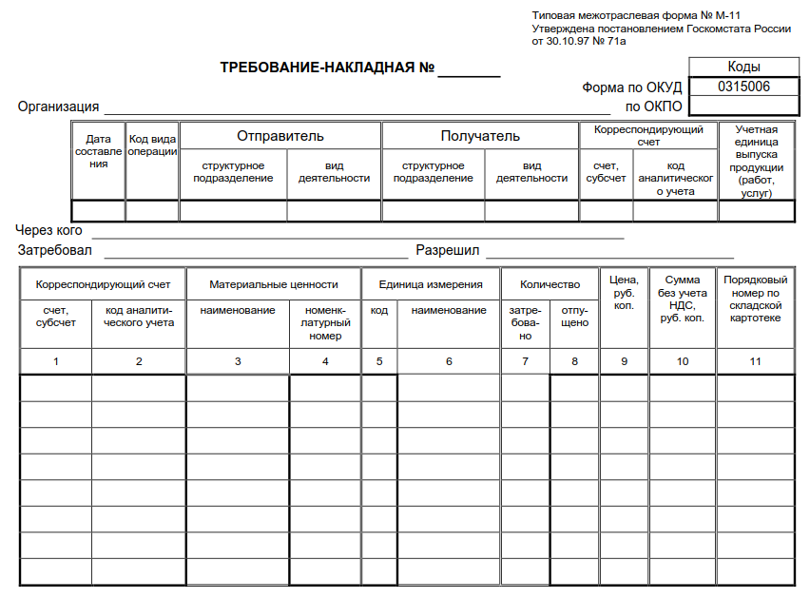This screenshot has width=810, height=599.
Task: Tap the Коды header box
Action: coord(743,67)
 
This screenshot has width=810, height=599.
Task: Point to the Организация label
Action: coord(59,106)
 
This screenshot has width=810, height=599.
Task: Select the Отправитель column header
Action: coord(280,136)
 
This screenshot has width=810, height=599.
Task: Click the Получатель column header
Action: coord(480,136)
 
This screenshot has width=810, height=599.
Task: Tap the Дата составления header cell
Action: coord(98,151)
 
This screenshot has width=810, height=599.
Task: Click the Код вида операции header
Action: coord(152,145)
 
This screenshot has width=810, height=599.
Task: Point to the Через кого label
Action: coord(49,230)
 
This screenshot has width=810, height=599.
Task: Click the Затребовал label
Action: coord(55,251)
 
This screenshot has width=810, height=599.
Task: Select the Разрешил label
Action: coord(447,251)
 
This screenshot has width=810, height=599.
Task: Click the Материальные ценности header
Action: coord(274,284)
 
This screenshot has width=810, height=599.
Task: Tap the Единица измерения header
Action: coord(431,284)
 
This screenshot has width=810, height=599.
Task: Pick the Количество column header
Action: coord(550,284)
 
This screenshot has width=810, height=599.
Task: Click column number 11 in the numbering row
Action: coord(756,361)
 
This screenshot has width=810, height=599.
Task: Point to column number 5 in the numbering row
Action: coord(379,361)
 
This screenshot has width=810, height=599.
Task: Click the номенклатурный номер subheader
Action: coord(325,322)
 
